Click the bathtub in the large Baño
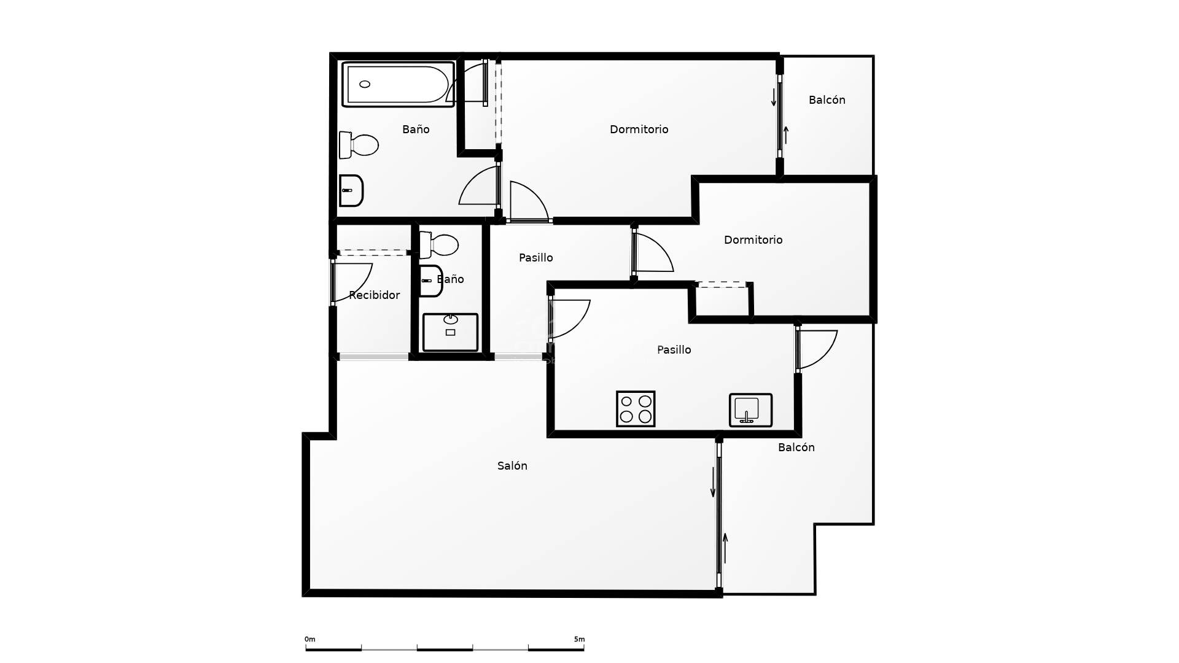click(x=397, y=84)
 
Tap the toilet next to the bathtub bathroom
click(x=359, y=145)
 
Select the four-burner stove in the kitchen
click(x=636, y=409)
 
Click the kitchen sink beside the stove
click(x=750, y=410)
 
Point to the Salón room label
click(x=512, y=466)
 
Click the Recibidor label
click(x=374, y=295)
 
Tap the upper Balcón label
click(x=827, y=100)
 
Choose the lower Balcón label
click(x=796, y=448)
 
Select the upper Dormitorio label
click(x=639, y=130)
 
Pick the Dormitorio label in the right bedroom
click(x=753, y=240)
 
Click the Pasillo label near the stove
click(x=674, y=350)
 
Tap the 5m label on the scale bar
click(x=579, y=639)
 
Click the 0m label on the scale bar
click(x=309, y=639)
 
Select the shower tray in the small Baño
click(x=450, y=332)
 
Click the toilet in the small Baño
click(x=438, y=245)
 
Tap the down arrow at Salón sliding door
click(x=713, y=482)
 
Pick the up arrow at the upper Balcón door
click(x=786, y=134)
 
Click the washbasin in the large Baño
click(x=351, y=190)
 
